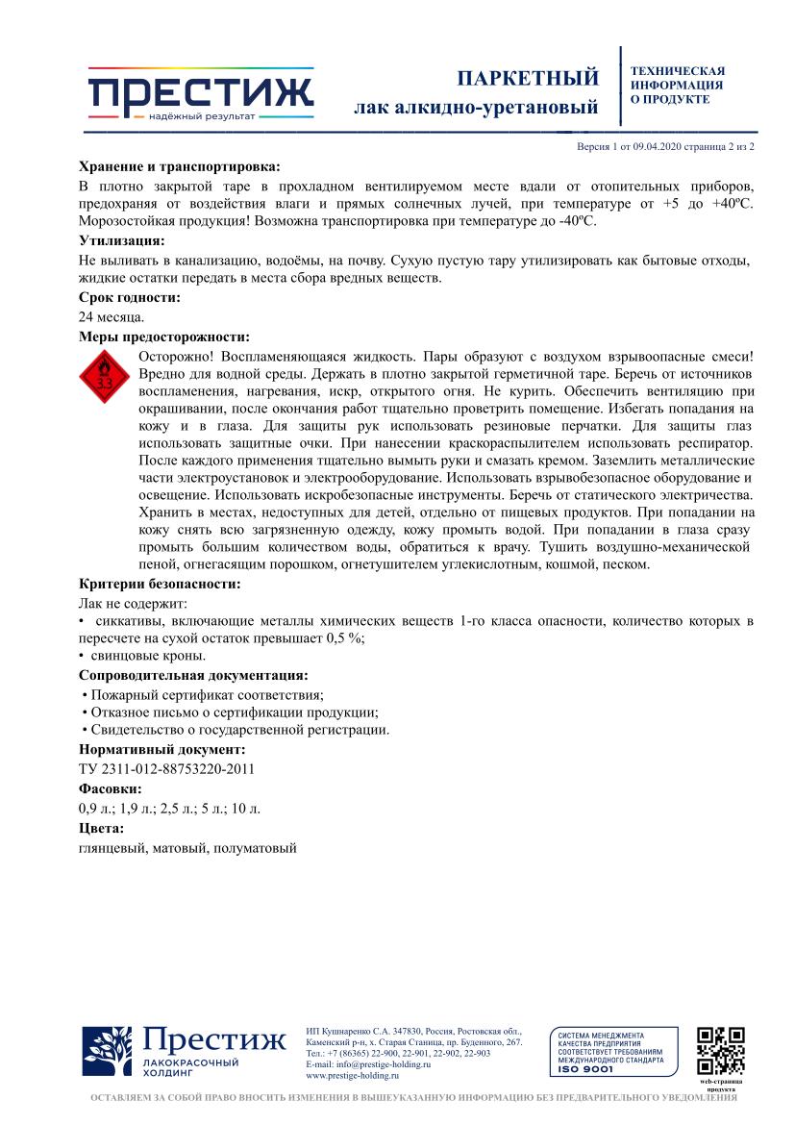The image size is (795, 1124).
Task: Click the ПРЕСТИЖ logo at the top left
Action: (201, 94)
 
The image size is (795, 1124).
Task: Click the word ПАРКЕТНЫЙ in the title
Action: (527, 78)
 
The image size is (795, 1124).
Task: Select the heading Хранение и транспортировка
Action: (179, 165)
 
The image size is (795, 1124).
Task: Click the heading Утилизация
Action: (121, 240)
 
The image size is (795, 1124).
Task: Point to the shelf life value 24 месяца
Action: (112, 316)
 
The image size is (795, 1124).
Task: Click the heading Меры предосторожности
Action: (163, 337)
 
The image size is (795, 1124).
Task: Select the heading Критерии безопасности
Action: (159, 584)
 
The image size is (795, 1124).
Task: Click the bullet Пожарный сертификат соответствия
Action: (203, 694)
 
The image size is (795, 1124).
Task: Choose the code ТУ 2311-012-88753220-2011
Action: (166, 768)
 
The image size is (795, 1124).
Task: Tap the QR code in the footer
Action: (721, 1050)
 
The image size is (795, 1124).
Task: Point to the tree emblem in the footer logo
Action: (107, 1051)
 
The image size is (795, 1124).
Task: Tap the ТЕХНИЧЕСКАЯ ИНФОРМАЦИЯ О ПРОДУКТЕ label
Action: (677, 85)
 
